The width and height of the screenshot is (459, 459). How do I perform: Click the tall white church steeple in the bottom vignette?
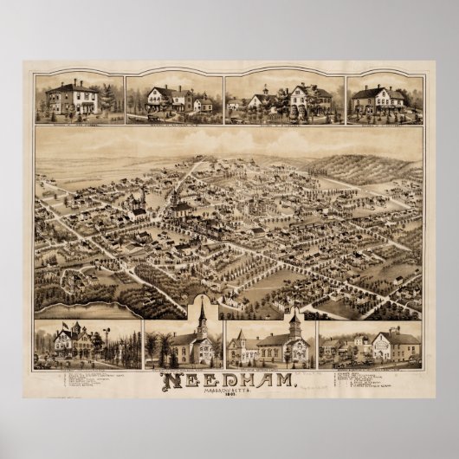tap(201, 320)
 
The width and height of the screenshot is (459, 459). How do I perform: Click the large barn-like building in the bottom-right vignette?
tap(399, 347)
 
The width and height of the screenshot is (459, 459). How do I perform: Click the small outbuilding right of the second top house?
tap(203, 105)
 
